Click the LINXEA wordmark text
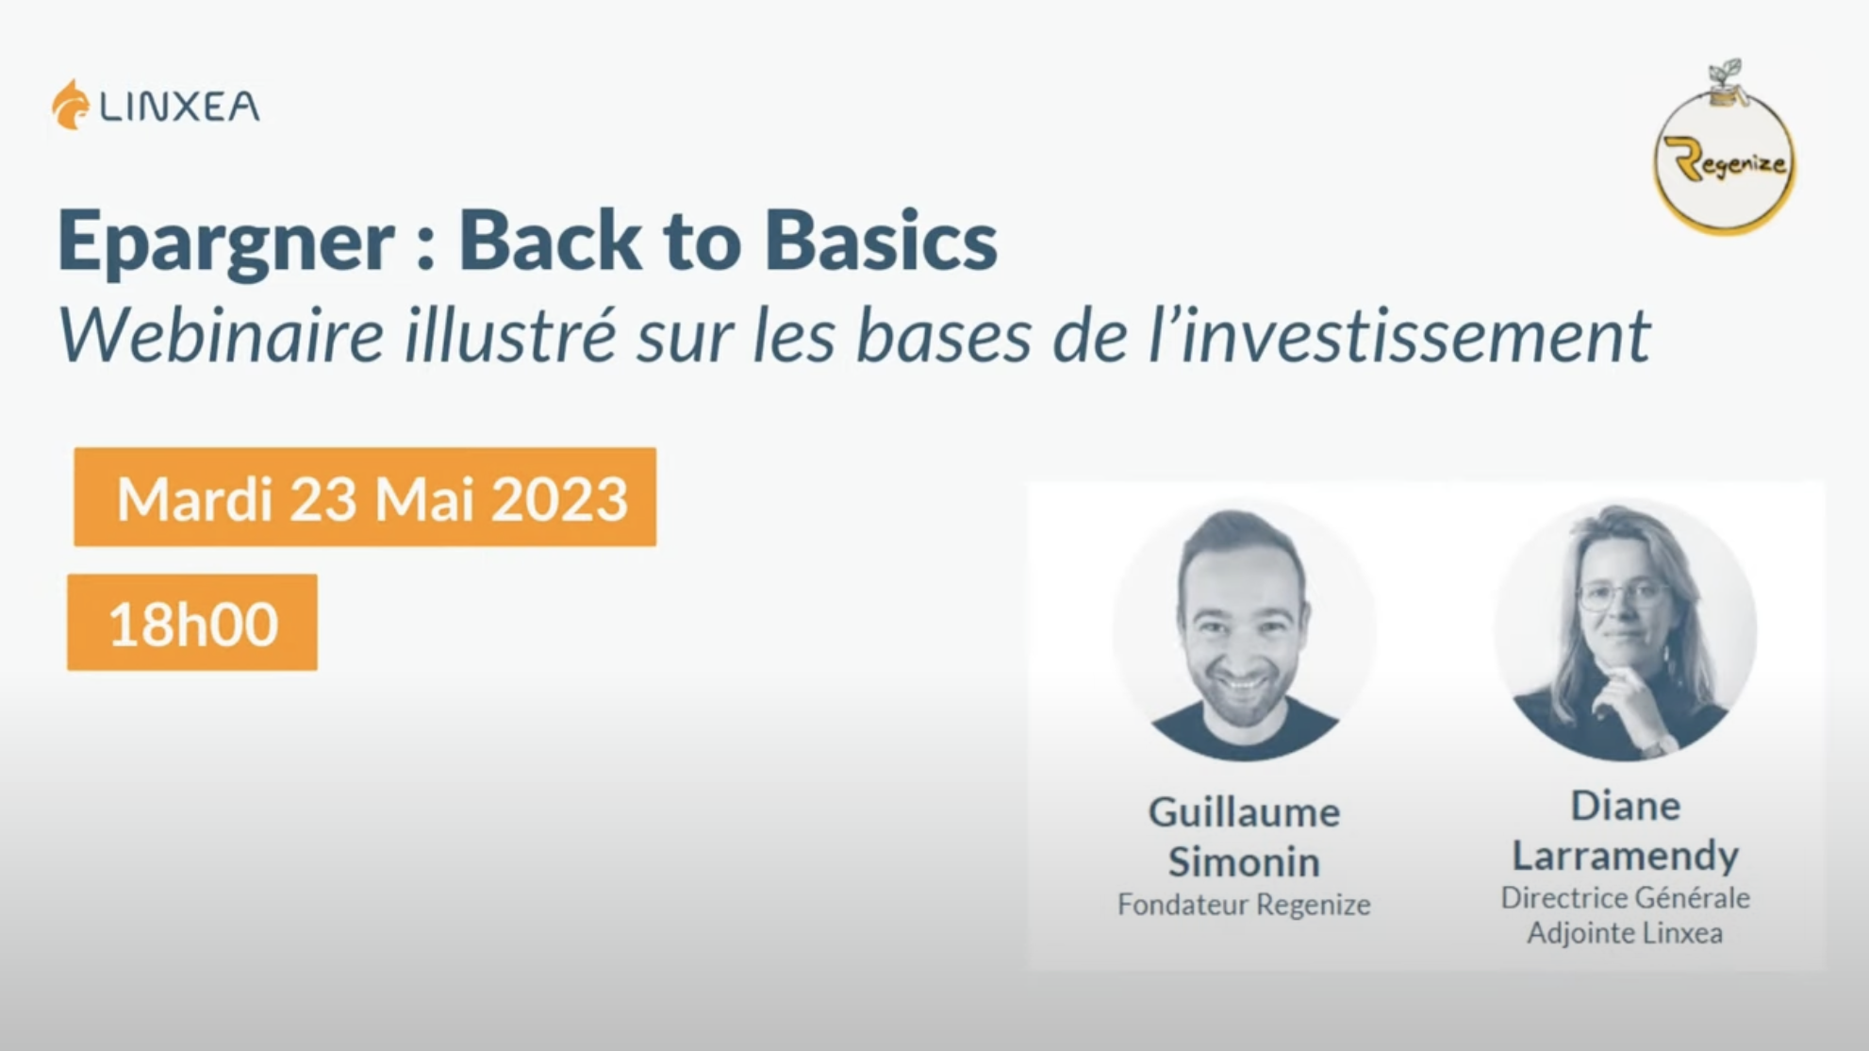[179, 107]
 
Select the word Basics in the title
[881, 241]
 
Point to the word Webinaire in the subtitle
[221, 336]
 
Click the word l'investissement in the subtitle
[1399, 336]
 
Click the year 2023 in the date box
[559, 498]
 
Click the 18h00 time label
[193, 624]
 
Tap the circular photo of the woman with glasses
[1626, 629]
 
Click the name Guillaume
[1244, 811]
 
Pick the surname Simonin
[1244, 861]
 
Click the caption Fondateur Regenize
[1244, 904]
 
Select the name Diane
[1626, 806]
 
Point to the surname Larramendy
[1626, 857]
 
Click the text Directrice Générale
[1626, 897]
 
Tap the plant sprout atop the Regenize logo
[1726, 75]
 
